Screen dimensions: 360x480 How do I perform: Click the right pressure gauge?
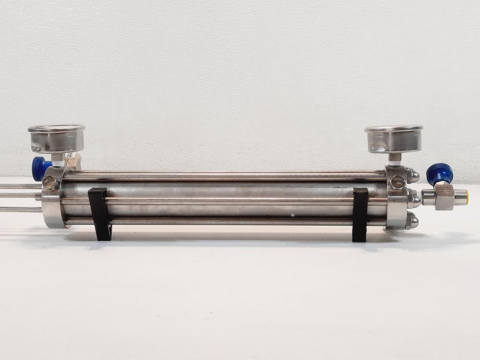point(394,138)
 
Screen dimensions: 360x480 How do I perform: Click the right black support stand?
point(360,214)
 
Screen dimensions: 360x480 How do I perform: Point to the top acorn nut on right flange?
point(411,176)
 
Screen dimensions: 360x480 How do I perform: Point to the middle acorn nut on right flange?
point(413,198)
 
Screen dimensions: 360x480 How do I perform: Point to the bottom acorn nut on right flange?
point(411,221)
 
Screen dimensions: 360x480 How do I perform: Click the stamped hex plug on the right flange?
point(398,182)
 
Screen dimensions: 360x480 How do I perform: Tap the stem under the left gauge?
point(58,157)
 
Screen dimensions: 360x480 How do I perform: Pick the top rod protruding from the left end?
point(22,186)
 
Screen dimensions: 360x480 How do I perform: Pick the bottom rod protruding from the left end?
point(22,209)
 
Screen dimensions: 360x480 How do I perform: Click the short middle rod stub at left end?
point(38,196)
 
